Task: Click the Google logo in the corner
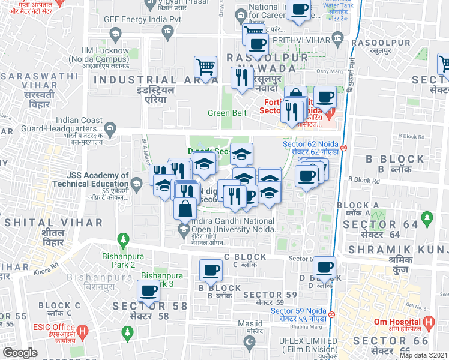coord(20,353)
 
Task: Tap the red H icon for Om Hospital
coord(429,322)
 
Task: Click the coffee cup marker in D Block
coord(324,266)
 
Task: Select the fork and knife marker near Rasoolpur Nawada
coord(242,77)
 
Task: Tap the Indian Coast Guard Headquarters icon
coord(110,128)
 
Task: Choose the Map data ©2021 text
coord(423,355)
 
